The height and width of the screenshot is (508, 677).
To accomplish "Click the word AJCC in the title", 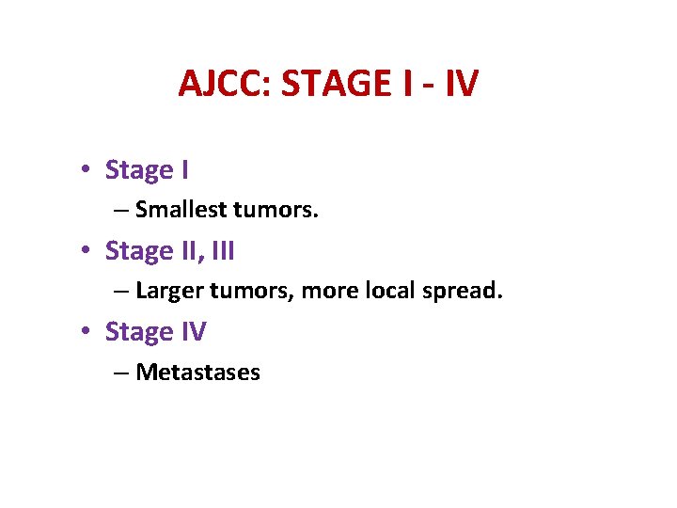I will coord(221,84).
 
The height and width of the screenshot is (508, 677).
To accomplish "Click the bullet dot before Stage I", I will coord(85,171).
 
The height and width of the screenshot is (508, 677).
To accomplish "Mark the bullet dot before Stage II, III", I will coord(85,252).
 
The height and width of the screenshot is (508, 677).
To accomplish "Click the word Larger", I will coord(167,291).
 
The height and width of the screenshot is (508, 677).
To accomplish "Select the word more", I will coord(329,291).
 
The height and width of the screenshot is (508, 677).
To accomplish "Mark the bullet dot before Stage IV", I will coord(85,333).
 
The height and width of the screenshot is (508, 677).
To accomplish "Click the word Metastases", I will coord(197,373).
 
